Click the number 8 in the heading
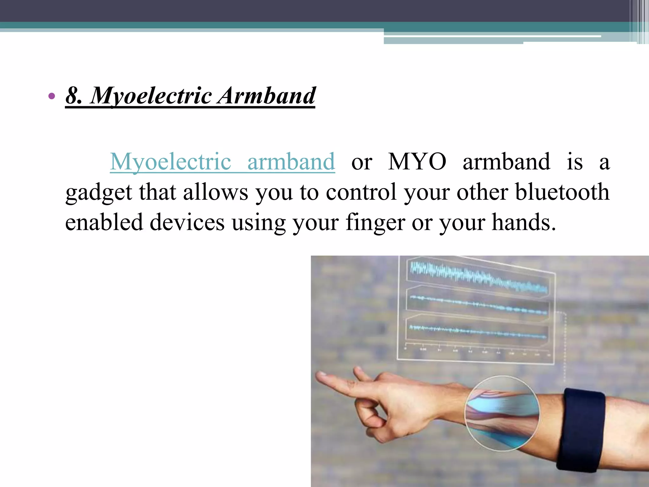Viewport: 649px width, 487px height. (x=73, y=95)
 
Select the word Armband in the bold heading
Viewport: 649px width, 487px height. (x=267, y=95)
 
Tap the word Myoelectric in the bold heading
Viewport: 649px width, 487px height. (x=151, y=96)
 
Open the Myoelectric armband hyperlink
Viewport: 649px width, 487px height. (x=222, y=162)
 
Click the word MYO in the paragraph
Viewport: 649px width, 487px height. (x=417, y=162)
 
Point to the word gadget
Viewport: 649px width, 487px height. (x=99, y=193)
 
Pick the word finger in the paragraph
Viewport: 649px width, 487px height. (x=375, y=223)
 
